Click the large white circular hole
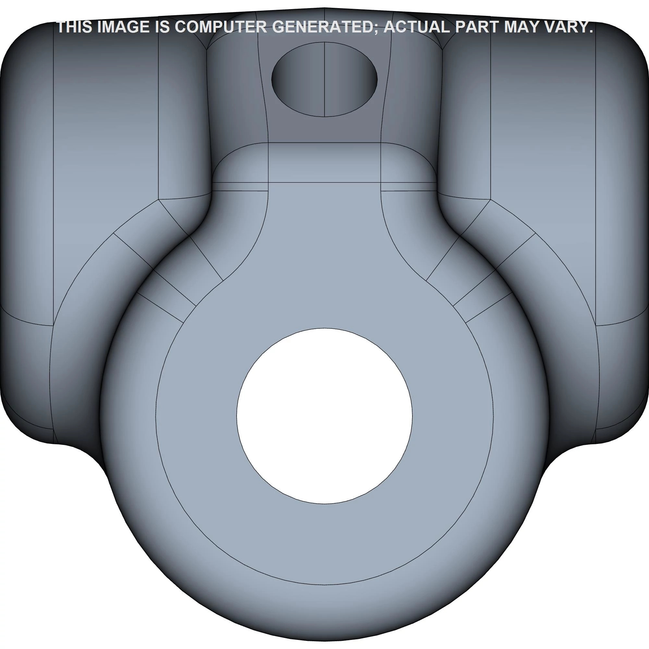(x=324, y=416)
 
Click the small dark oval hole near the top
(x=324, y=80)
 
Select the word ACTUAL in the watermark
(x=416, y=27)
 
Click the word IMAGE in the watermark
(x=124, y=27)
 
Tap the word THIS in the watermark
(x=75, y=27)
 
